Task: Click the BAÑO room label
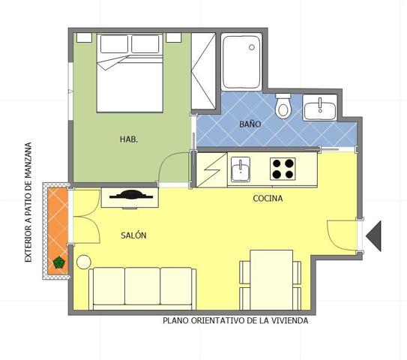[250, 124]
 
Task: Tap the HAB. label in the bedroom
[129, 139]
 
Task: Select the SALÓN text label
[133, 235]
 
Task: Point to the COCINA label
[268, 199]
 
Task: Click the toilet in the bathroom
[283, 106]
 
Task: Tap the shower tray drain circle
[252, 47]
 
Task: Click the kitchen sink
[241, 169]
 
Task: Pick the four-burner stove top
[283, 169]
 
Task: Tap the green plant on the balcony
[58, 262]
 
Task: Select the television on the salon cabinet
[131, 195]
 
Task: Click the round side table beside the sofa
[84, 262]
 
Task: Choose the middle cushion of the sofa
[142, 286]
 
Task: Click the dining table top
[271, 280]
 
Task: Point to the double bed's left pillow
[114, 44]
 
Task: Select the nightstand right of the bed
[174, 37]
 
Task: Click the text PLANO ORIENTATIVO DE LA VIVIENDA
[235, 320]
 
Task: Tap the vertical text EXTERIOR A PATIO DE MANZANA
[28, 202]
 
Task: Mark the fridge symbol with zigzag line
[212, 169]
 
